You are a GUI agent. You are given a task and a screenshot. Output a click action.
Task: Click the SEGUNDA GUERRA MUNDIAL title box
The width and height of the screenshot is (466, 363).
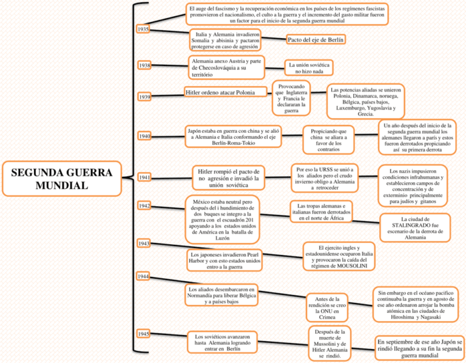pos(62,179)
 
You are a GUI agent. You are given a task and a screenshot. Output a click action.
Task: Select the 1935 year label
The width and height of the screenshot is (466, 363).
pos(143,29)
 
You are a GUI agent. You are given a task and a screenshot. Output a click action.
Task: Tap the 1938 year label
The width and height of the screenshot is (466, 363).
pos(144,65)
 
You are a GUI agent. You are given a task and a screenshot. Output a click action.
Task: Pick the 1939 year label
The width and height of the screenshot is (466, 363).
pos(144,97)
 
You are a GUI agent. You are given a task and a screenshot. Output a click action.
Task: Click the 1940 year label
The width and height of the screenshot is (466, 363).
pos(144,136)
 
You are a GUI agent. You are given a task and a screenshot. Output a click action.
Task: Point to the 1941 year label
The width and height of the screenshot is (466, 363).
pos(144,178)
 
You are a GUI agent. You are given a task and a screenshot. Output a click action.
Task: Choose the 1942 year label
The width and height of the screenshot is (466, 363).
pos(144,205)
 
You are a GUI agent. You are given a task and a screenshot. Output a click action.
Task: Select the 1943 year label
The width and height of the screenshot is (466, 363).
pos(144,244)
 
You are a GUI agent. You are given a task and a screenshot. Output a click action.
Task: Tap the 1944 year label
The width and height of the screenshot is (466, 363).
pos(143,276)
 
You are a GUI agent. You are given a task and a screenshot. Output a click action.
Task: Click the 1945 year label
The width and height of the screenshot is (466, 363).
pos(143,334)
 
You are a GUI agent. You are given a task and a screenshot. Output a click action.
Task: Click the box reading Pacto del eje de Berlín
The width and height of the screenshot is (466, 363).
pos(316,39)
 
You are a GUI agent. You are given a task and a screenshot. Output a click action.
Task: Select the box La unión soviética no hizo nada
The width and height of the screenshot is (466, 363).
pos(309,68)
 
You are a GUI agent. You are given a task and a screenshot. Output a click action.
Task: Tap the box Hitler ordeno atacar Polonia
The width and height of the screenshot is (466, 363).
pos(226,92)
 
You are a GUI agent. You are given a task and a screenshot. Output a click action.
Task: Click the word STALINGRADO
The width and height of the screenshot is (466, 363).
pos(415,225)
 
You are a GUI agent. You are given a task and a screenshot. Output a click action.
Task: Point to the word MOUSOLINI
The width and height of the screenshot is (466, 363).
pos(352,266)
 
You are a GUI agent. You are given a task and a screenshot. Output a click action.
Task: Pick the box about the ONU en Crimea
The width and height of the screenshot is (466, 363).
pos(327,308)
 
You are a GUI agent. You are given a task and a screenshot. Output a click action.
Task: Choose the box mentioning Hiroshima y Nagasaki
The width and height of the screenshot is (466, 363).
pos(416,304)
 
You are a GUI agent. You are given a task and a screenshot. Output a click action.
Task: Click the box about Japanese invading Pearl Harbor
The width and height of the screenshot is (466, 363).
pos(225,261)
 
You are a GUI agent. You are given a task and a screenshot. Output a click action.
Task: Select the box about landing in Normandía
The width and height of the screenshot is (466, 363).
pos(221,295)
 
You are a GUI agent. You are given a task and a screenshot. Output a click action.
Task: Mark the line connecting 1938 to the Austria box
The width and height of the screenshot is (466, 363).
pos(169,65)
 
